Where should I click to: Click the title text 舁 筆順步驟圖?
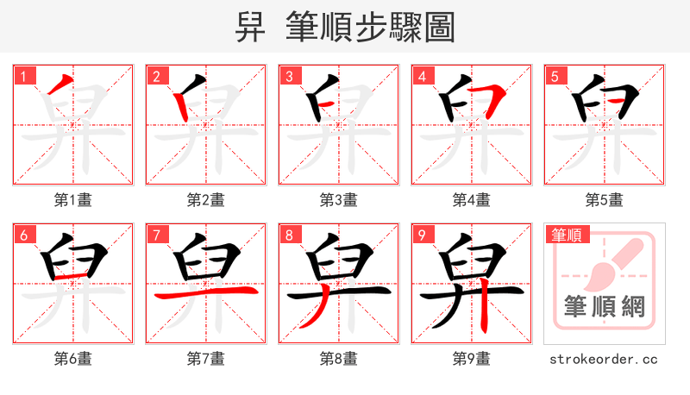[x=345, y=28]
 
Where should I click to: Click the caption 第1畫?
[x=72, y=200]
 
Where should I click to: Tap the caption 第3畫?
[x=338, y=200]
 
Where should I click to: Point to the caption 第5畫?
[x=604, y=200]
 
